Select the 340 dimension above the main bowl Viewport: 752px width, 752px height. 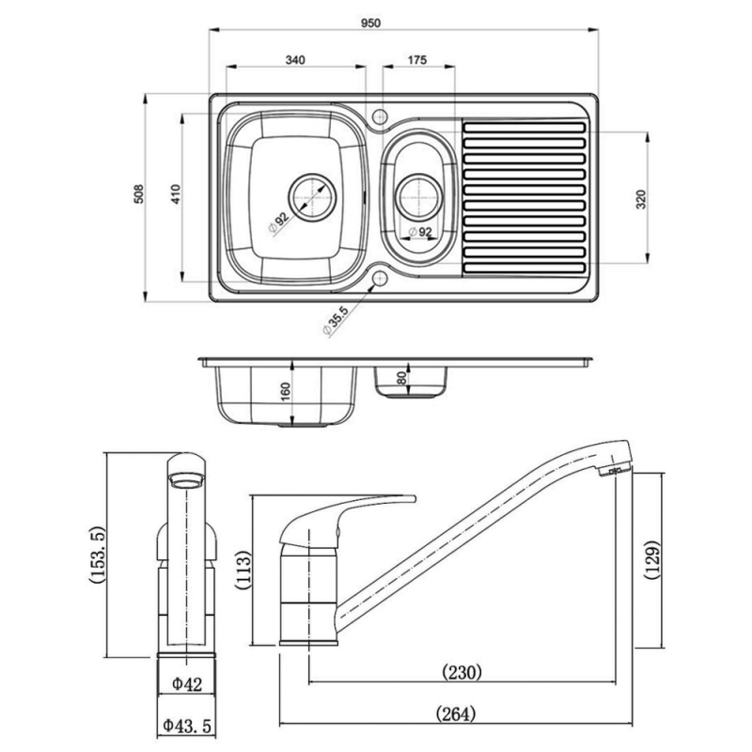(294, 59)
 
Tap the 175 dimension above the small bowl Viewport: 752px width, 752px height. (417, 59)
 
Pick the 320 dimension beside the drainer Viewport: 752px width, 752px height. (640, 198)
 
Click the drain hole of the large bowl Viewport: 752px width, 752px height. (310, 196)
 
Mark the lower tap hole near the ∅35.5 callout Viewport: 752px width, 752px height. (380, 278)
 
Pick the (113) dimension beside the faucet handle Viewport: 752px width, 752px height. (243, 570)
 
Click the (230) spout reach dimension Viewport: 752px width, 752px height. (462, 671)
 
